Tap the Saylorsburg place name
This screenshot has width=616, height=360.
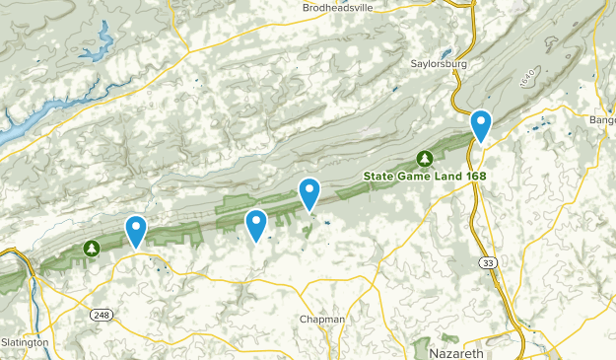(x=439, y=64)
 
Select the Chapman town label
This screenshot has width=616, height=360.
(x=322, y=320)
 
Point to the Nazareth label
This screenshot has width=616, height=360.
(x=458, y=350)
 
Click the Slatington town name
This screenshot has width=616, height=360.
(x=25, y=342)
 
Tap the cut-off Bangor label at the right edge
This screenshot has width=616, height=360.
(x=602, y=120)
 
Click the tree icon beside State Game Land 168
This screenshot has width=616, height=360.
(x=425, y=159)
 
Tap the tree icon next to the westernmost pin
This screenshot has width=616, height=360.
(x=92, y=248)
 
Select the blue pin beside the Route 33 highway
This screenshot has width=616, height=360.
(x=481, y=124)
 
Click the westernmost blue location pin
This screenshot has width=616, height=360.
(x=135, y=230)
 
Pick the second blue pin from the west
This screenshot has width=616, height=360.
(x=256, y=224)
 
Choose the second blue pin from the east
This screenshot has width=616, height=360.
(x=309, y=193)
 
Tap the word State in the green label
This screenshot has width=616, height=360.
(x=379, y=177)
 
